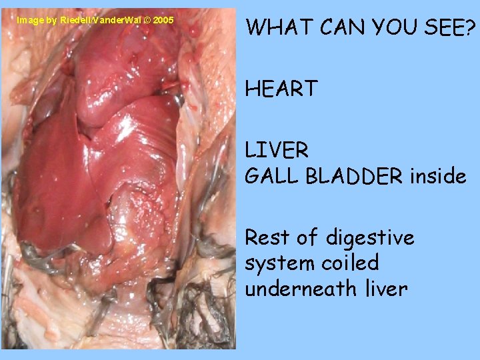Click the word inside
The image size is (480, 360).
pyautogui.click(x=438, y=176)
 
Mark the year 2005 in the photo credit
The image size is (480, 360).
pyautogui.click(x=163, y=20)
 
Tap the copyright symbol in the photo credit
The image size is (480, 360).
pyautogui.click(x=146, y=20)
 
